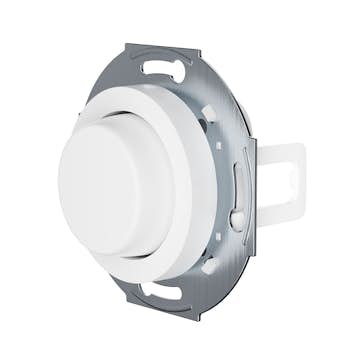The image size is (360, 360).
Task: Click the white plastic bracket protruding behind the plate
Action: click(280, 184)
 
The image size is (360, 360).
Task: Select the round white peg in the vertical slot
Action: click(237, 215)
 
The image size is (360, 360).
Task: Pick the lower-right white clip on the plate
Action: click(209, 264)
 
